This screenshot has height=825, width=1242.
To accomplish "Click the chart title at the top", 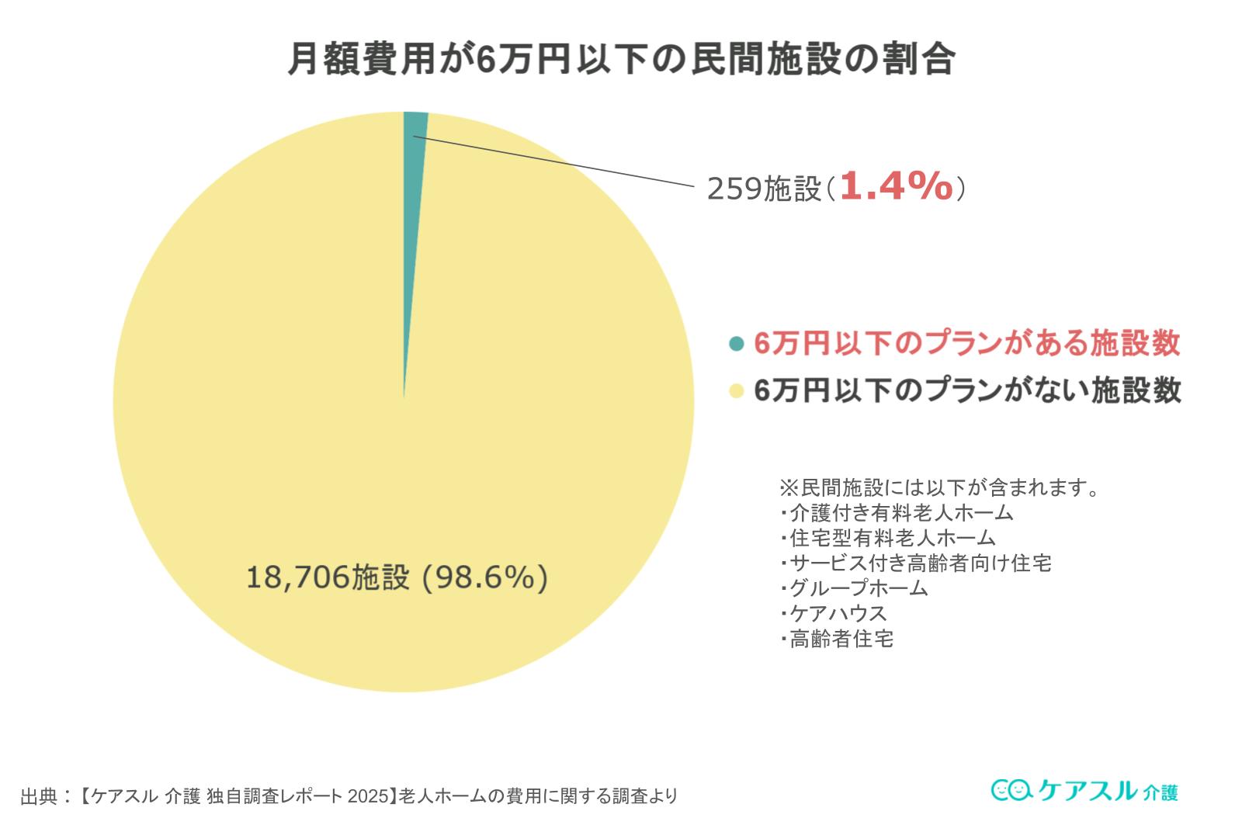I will [x=621, y=60].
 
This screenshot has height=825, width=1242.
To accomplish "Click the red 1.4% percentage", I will [x=896, y=187].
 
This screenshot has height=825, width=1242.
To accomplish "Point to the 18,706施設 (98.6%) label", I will [x=397, y=577].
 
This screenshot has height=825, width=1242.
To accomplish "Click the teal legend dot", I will [x=737, y=344].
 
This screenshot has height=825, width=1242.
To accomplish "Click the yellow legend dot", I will [x=737, y=390].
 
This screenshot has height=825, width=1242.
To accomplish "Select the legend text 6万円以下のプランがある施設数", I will [x=966, y=344].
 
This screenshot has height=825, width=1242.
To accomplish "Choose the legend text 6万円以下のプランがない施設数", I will [x=966, y=390].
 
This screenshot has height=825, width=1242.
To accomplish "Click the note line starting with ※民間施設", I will [x=938, y=488].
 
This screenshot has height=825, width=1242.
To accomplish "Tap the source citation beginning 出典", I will [x=349, y=796].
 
